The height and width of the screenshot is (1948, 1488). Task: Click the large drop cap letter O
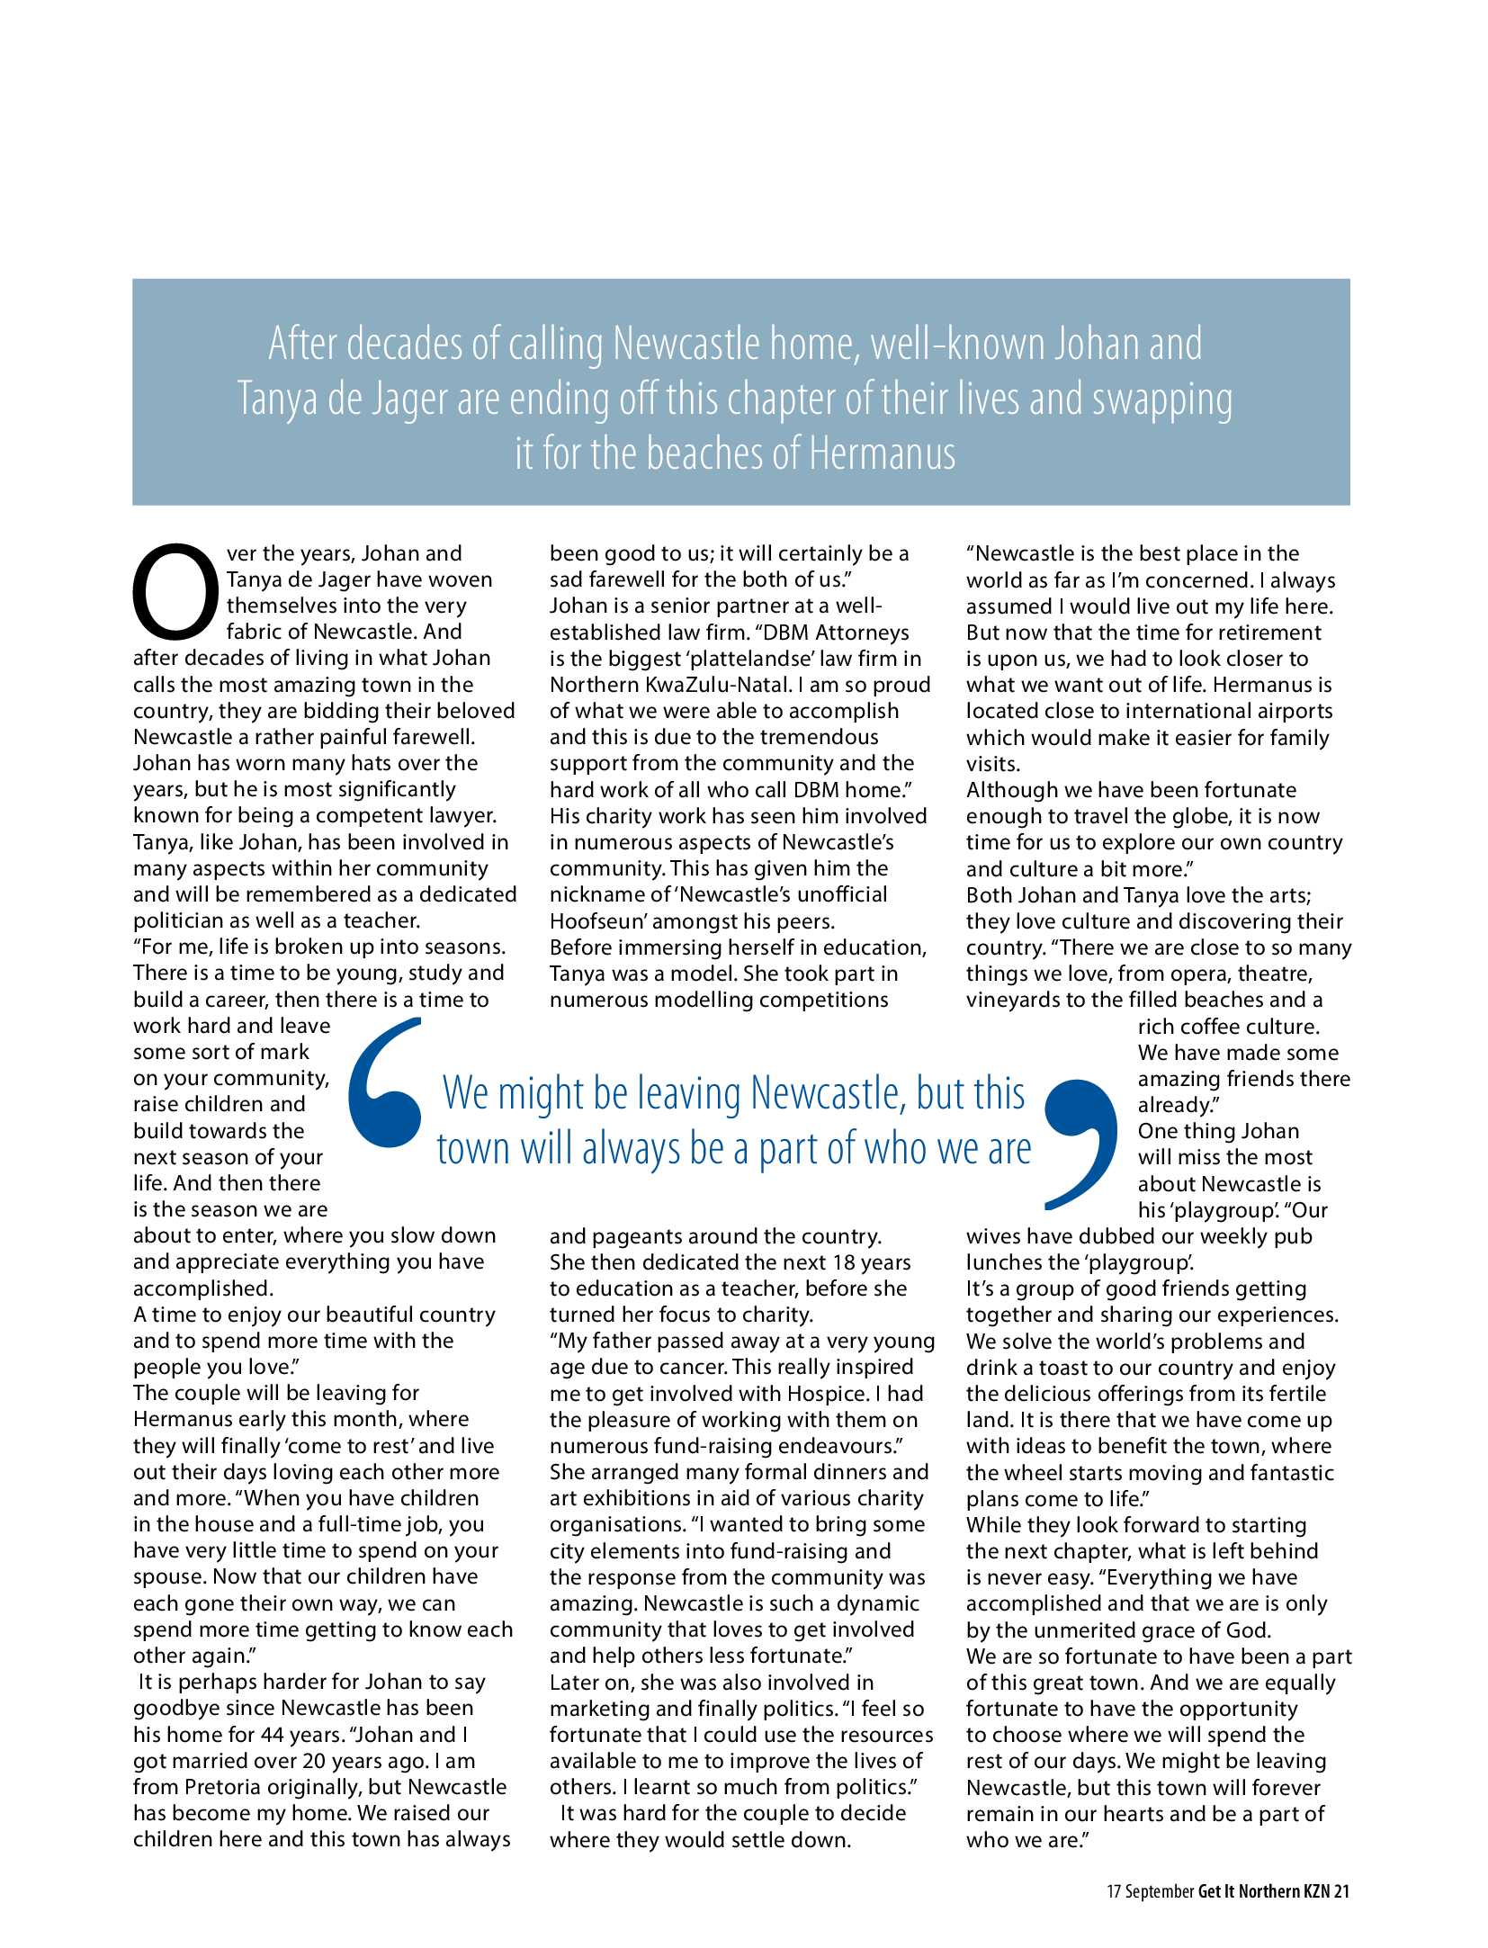[x=175, y=589]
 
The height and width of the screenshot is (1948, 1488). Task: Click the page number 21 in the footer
[x=1341, y=1891]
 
